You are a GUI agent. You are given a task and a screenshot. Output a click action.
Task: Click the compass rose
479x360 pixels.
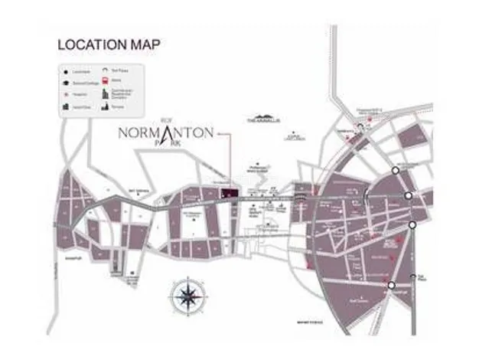[x=185, y=293]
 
